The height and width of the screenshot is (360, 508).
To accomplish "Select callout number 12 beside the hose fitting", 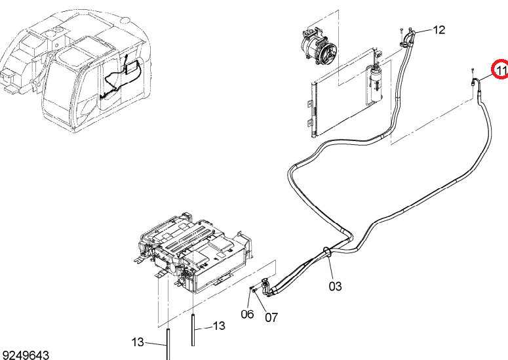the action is (439, 30).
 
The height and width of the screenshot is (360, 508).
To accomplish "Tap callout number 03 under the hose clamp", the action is (335, 286).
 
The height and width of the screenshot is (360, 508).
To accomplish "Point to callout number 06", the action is (247, 314).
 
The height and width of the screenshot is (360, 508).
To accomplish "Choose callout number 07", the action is (271, 317).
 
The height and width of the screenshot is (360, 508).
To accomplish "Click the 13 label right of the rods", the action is (219, 326).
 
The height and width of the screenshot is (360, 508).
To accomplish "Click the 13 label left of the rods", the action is (138, 342).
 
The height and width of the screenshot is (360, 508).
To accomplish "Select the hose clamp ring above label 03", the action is (327, 252).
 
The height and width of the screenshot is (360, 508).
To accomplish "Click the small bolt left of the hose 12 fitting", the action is (401, 31).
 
